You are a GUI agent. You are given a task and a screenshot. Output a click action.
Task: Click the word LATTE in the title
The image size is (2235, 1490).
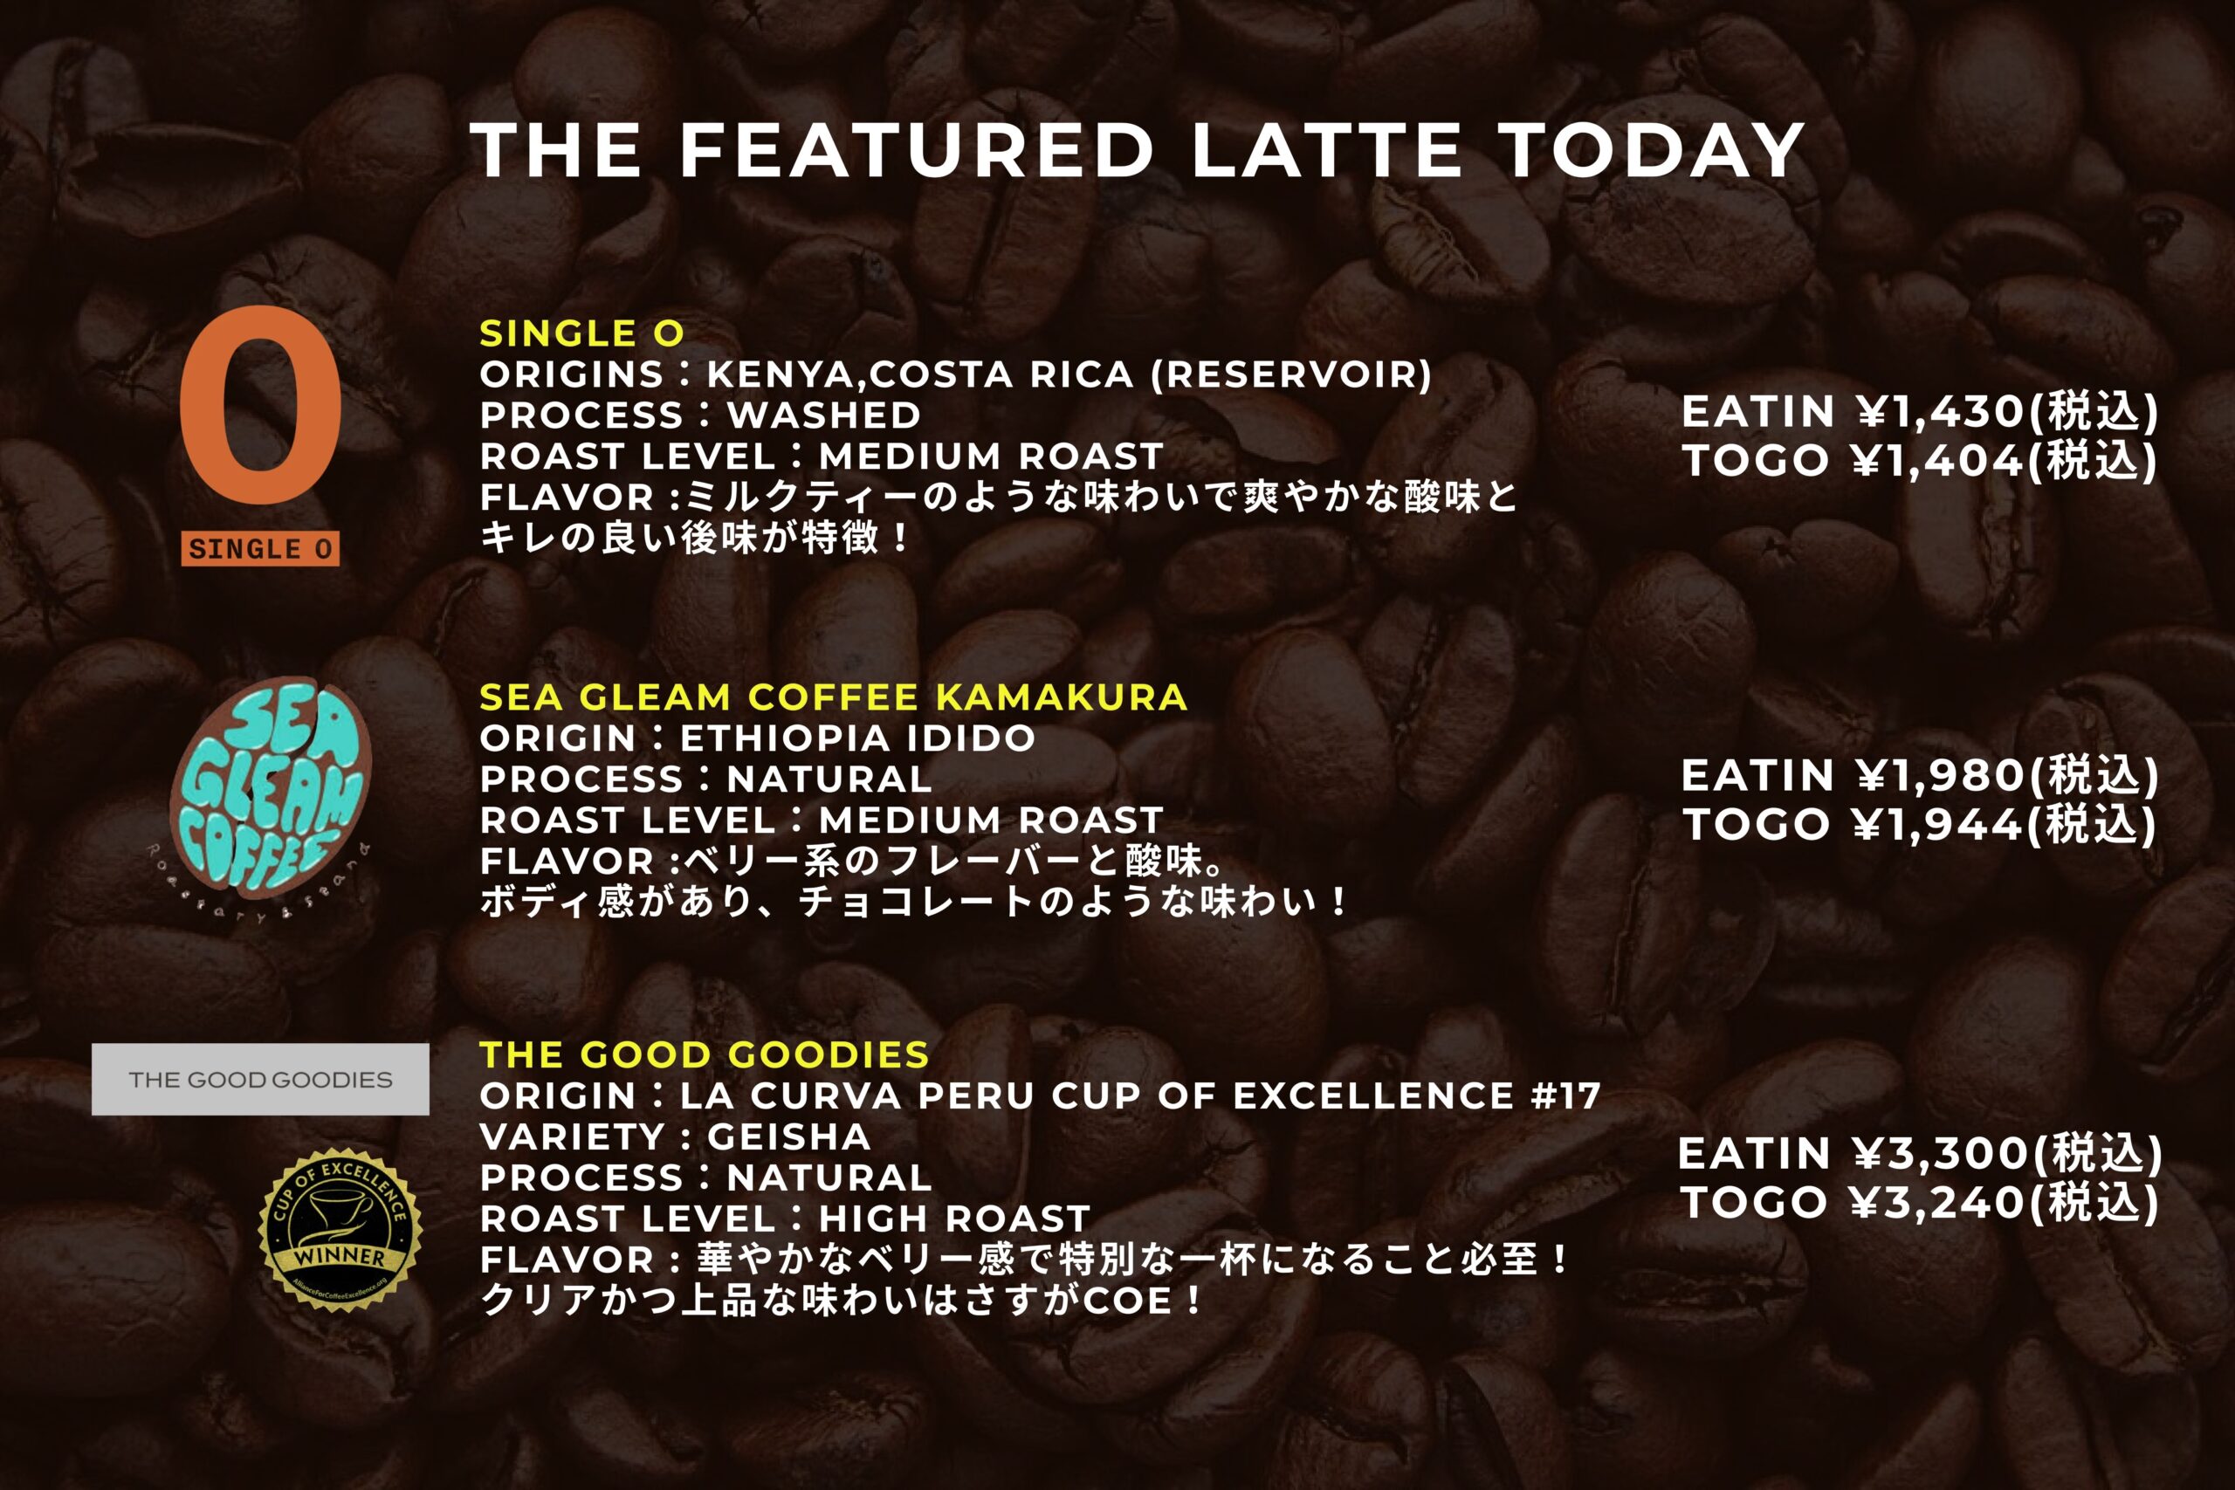coord(1326,150)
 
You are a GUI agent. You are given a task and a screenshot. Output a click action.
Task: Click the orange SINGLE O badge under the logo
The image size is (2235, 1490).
coord(260,548)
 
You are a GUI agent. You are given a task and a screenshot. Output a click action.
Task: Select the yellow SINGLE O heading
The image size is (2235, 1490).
coord(581,333)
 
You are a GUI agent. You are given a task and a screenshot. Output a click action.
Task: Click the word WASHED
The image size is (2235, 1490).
coord(824,415)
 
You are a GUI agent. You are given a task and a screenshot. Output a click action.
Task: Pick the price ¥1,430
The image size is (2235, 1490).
coord(1938,411)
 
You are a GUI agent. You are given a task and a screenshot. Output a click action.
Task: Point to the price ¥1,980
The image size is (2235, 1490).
coord(1938,775)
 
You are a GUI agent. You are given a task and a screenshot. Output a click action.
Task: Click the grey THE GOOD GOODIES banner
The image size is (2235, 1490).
coord(260,1080)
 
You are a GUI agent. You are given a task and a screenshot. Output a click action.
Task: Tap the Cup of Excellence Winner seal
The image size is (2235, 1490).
coord(340,1231)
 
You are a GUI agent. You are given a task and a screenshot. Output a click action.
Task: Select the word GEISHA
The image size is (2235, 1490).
coord(788,1137)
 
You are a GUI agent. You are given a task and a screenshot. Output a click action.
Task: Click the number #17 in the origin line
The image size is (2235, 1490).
coord(1565,1096)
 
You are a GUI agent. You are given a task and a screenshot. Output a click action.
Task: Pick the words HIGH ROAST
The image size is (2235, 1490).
coord(954,1219)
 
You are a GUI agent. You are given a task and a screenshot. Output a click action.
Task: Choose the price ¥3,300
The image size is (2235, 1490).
coord(1938,1154)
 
